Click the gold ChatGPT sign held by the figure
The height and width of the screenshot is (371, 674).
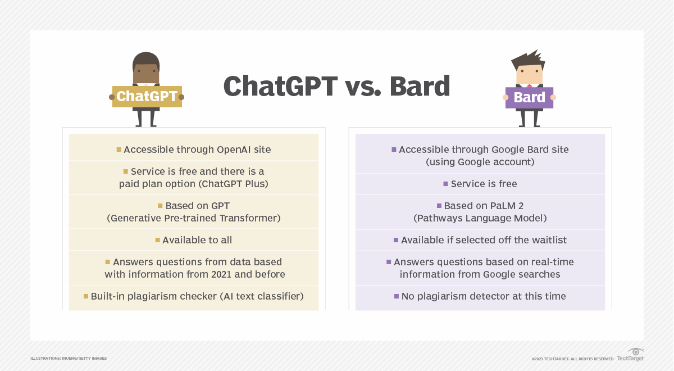tap(147, 97)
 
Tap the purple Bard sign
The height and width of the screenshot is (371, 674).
tap(529, 98)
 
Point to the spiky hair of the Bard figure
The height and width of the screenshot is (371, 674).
tap(529, 58)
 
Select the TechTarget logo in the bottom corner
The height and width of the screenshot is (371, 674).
tap(631, 355)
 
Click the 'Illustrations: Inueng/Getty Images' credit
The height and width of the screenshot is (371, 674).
tap(69, 358)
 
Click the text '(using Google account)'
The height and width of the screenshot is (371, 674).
tap(480, 162)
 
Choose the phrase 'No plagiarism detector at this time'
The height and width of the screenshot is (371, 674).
tap(484, 296)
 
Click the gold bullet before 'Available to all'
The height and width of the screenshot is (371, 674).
tap(158, 241)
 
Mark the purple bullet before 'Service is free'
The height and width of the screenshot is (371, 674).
tap(445, 184)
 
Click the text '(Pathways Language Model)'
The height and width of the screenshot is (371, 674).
tap(480, 218)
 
